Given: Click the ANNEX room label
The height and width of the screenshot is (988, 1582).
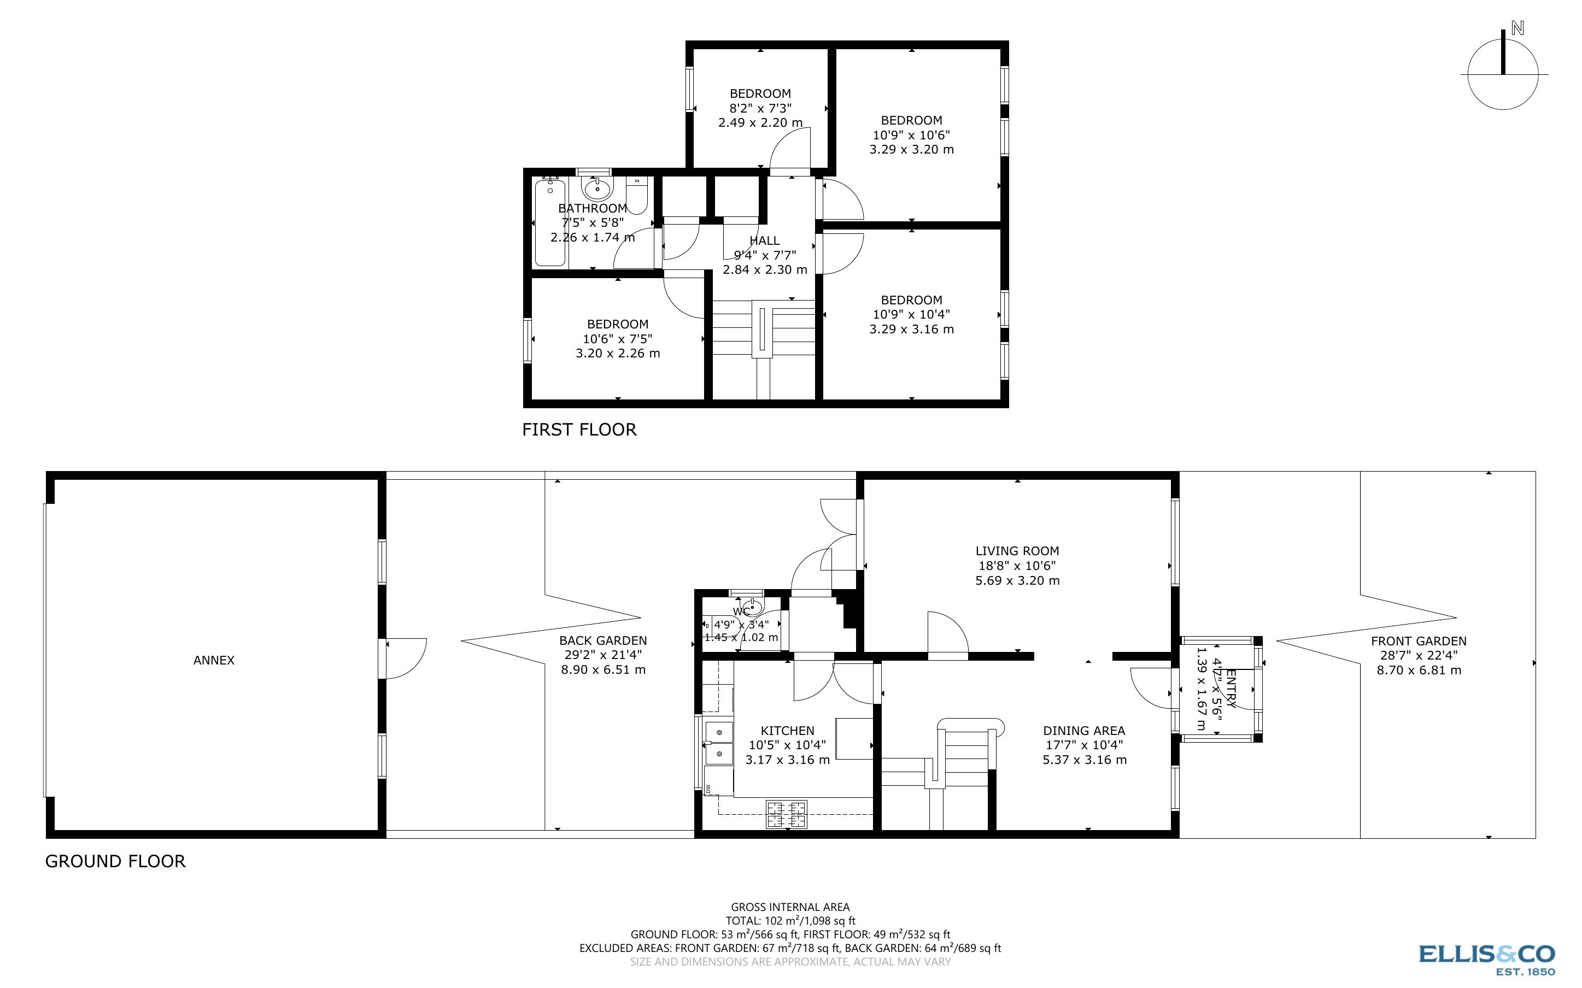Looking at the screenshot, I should tap(214, 660).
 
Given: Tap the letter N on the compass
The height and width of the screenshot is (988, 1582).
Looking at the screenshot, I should tap(1517, 46).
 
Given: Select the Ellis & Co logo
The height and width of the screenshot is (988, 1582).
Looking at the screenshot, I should tap(1486, 958).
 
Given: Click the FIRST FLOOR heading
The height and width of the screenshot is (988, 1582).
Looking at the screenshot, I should tap(579, 430).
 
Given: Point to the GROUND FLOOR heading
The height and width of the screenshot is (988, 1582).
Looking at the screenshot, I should tap(115, 861).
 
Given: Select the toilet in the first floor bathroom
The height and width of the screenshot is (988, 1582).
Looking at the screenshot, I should tap(636, 195).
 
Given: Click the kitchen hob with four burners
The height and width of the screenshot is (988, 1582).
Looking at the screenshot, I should tap(786, 814).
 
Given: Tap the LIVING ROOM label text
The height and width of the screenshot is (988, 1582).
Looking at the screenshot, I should tap(1017, 551).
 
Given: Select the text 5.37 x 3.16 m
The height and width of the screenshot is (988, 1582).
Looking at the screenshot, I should tap(1084, 759).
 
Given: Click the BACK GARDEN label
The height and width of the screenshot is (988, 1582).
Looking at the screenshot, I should tap(602, 640).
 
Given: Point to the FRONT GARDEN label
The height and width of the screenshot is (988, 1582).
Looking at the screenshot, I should tap(1419, 641).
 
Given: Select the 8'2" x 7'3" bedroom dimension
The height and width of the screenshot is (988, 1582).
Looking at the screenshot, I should tap(760, 108).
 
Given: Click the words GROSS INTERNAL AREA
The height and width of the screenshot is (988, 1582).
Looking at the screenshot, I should tap(789, 907).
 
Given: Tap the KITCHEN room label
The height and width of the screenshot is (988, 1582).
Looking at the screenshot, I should tap(787, 731).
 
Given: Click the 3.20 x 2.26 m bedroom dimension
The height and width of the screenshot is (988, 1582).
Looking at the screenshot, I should tap(618, 354).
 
